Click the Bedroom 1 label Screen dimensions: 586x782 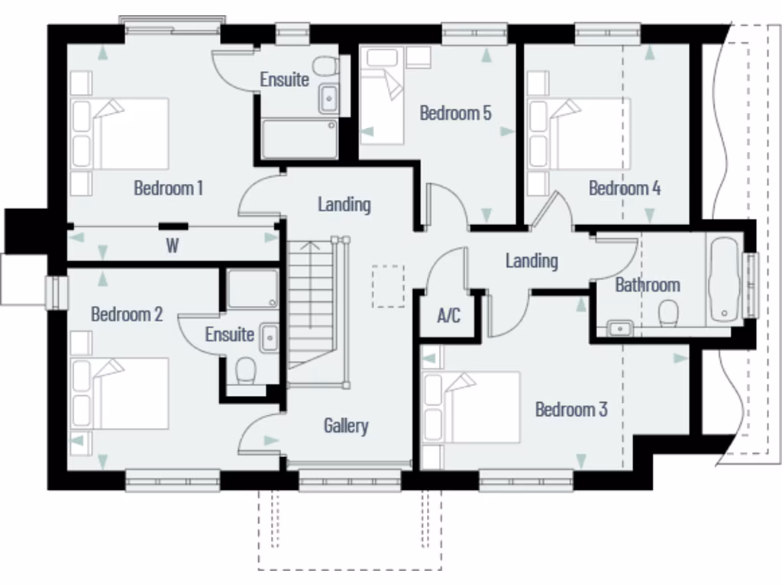point(168,188)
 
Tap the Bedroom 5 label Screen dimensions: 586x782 point(456,114)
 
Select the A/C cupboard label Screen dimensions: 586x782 point(449,315)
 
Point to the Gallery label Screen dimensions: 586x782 point(346,426)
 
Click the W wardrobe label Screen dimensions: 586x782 point(172,246)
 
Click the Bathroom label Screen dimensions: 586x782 point(648,285)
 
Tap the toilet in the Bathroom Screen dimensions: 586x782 point(669,312)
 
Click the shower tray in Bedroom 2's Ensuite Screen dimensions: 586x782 point(253,289)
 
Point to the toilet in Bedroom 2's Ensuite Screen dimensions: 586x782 point(246,372)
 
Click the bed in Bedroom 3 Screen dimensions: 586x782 point(473,406)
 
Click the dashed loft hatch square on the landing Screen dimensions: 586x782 point(389,286)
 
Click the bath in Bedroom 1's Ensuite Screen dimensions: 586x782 point(299,139)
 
